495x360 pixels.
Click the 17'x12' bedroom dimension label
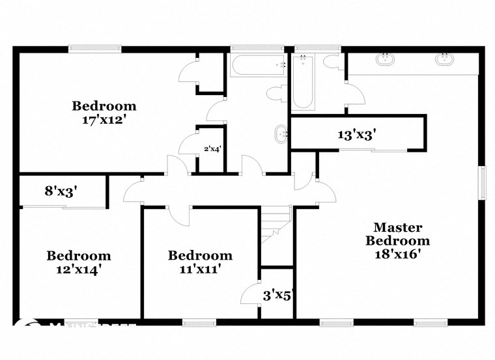click(104, 120)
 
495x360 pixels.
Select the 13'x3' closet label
click(357, 135)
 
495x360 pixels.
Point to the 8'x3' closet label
click(61, 191)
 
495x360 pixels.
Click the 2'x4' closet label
click(212, 148)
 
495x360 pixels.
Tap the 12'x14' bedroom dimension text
click(78, 268)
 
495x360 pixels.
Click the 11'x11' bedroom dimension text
click(199, 268)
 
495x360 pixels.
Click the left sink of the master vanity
click(385, 61)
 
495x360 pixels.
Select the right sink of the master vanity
click(445, 61)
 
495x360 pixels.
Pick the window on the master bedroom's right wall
click(483, 183)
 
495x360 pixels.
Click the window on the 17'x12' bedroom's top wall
click(95, 48)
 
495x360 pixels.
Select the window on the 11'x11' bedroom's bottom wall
click(199, 322)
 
